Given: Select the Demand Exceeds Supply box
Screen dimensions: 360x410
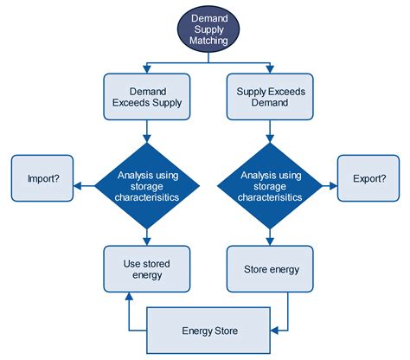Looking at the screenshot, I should tap(146, 96).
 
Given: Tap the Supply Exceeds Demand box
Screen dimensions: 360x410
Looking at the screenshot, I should tap(269, 96).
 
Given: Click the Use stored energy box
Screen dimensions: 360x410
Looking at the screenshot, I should tap(146, 269).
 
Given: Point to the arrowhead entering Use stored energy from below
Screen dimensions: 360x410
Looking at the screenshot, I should tap(129, 296).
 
